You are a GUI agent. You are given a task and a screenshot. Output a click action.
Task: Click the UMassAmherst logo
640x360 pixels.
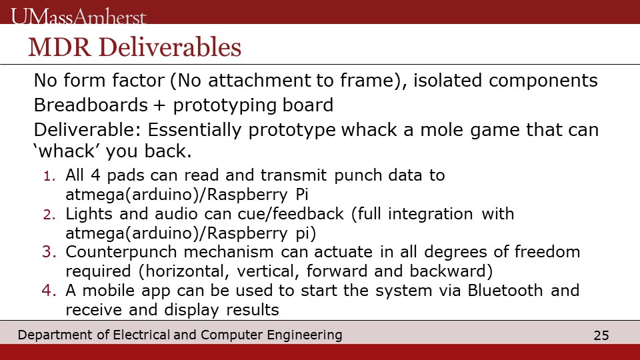point(79,16)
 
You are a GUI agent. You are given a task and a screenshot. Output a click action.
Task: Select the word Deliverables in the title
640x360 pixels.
point(170,47)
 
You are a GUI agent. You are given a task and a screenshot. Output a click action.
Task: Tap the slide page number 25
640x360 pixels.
point(601,335)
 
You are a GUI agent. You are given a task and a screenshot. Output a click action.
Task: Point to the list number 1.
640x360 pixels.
point(49,176)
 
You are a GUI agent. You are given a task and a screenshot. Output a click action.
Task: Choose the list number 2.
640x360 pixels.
point(49,215)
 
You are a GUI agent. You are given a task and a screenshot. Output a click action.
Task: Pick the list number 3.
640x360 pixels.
point(49,252)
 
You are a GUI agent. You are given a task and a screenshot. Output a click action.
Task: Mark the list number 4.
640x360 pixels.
point(49,291)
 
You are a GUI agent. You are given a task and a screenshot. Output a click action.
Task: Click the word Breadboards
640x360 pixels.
point(91,105)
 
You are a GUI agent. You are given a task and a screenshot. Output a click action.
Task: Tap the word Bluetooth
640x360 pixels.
point(505,290)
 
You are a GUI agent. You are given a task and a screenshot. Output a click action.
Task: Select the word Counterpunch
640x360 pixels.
point(121,253)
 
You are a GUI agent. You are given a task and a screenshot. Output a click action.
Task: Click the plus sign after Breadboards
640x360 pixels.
point(161,106)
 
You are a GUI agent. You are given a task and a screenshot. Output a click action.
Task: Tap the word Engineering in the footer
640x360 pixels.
point(305,335)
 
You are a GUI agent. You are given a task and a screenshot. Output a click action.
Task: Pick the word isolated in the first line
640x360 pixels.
point(448,81)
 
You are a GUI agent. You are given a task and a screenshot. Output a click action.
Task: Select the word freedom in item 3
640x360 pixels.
point(547,252)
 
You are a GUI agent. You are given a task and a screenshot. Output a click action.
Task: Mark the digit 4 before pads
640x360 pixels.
point(95,175)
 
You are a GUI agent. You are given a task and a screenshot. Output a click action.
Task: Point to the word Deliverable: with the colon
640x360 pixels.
point(87,130)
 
